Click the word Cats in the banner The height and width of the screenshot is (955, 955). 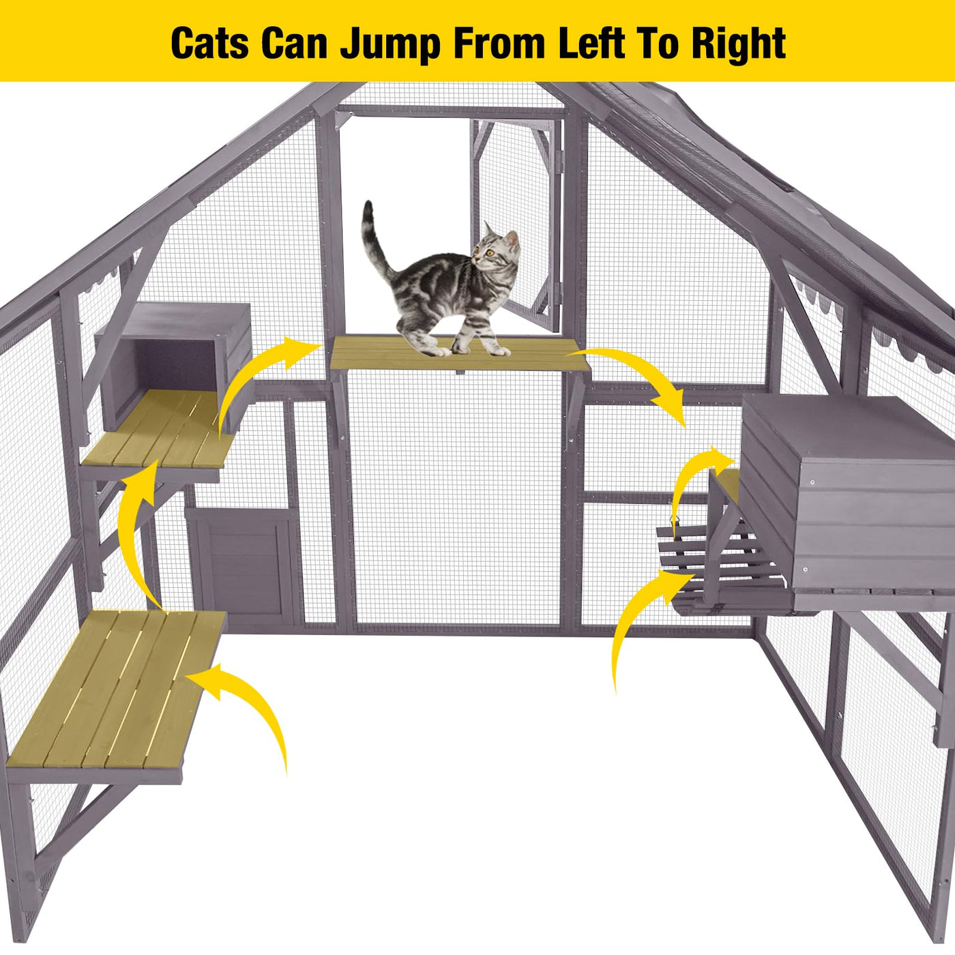(x=209, y=43)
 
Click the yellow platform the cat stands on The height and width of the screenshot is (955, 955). (x=460, y=354)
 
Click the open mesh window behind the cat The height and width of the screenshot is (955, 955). (x=516, y=223)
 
